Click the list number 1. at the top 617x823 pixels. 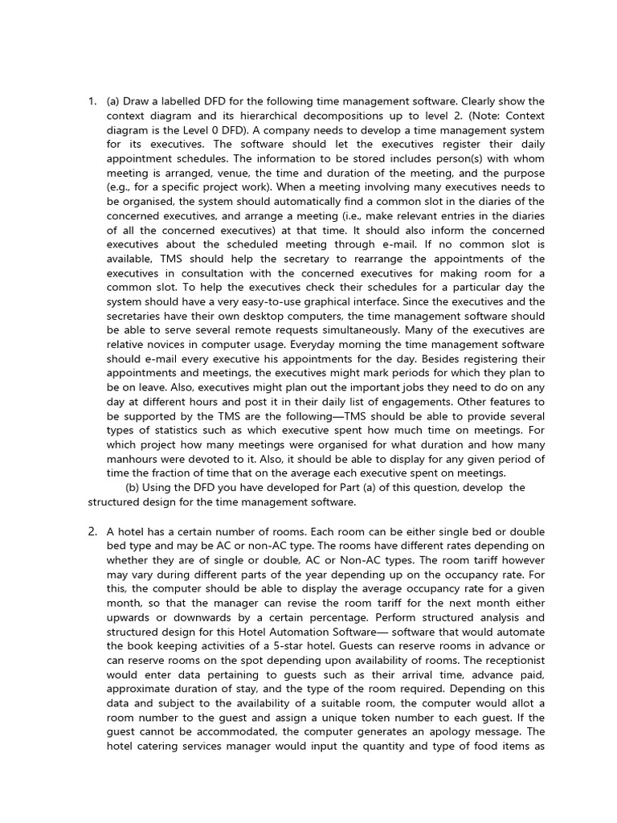point(92,101)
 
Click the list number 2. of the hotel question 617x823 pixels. point(92,531)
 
